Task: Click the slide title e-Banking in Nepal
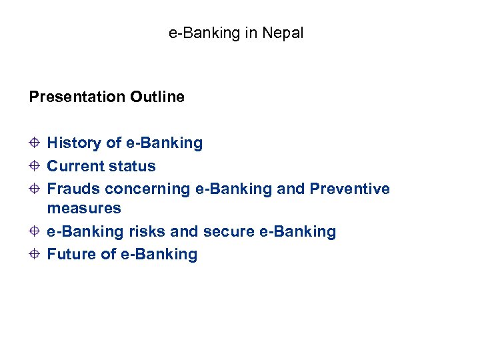pyautogui.click(x=235, y=33)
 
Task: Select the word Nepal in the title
pyautogui.click(x=283, y=33)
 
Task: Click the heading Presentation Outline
pyautogui.click(x=107, y=97)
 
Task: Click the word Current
pyautogui.click(x=73, y=166)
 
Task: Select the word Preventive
pyautogui.click(x=350, y=189)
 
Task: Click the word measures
pyautogui.click(x=84, y=208)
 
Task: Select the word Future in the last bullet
pyautogui.click(x=71, y=254)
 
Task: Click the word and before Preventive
pyautogui.click(x=291, y=189)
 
